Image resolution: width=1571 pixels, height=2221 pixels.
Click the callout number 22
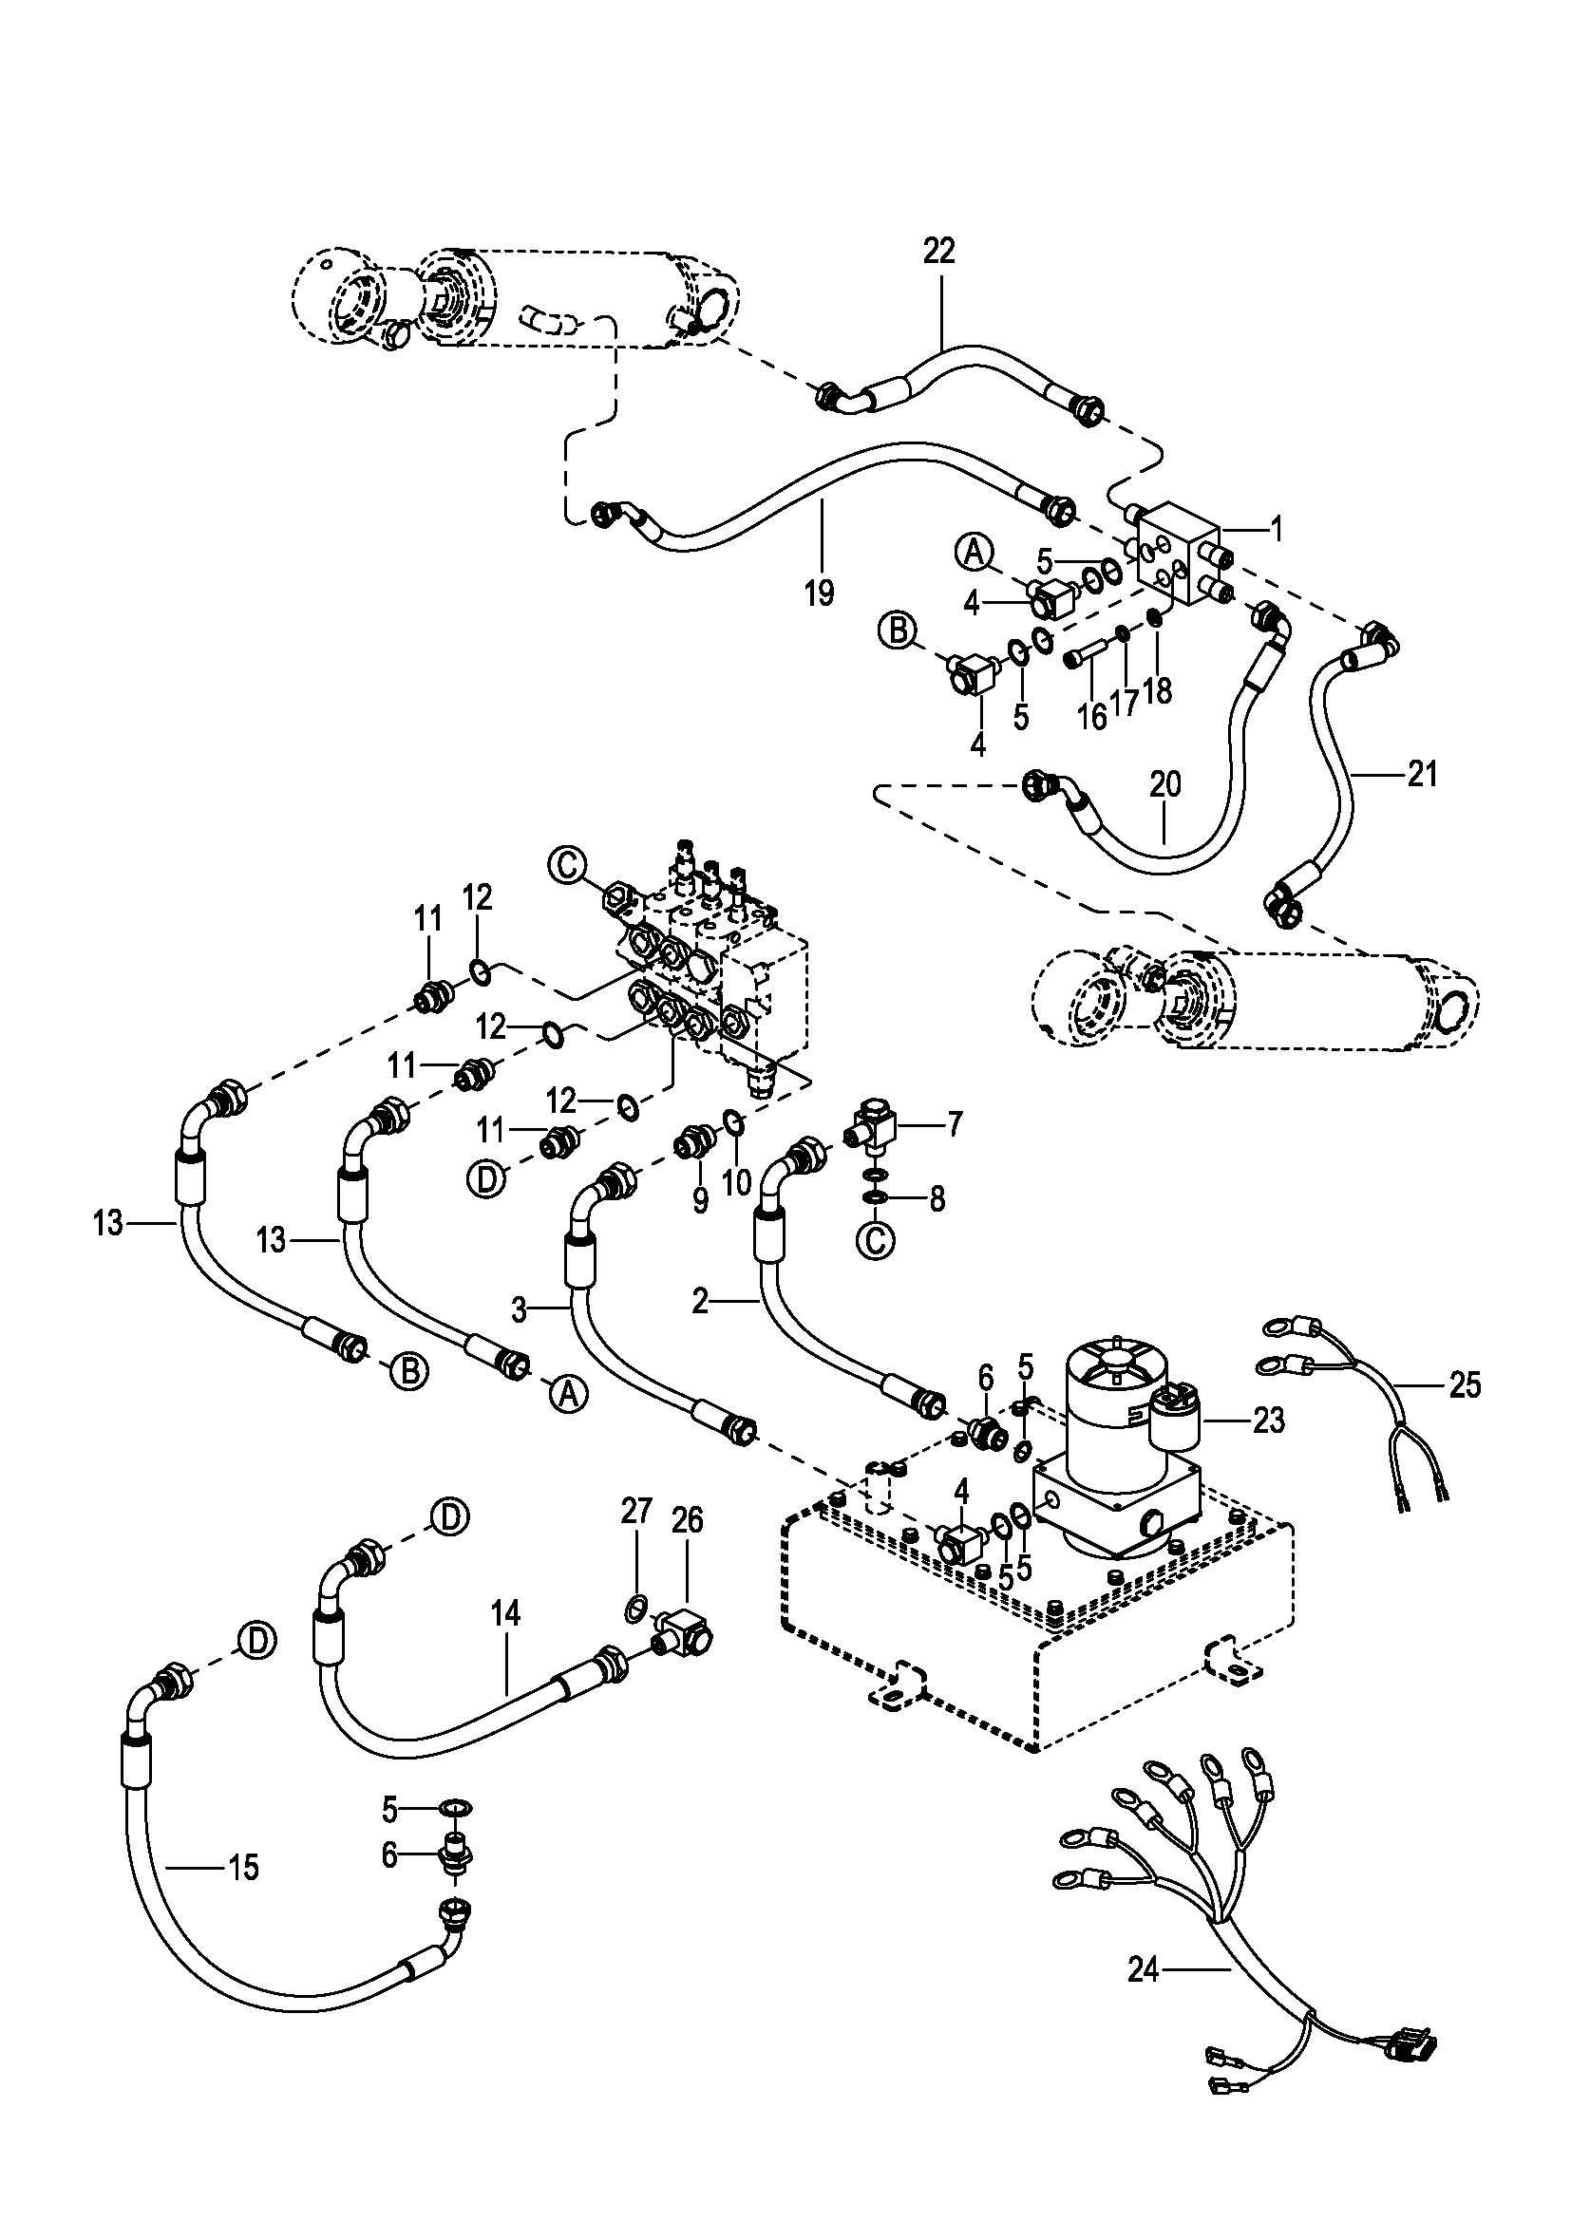pyautogui.click(x=938, y=252)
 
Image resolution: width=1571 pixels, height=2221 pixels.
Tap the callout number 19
pyautogui.click(x=819, y=592)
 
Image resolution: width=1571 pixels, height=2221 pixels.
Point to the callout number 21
pyautogui.click(x=1422, y=774)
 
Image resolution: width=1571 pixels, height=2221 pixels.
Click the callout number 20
pyautogui.click(x=1165, y=784)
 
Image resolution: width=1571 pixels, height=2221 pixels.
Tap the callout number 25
pyautogui.click(x=1466, y=1385)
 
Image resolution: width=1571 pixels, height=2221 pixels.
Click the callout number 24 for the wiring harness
pyautogui.click(x=1144, y=1969)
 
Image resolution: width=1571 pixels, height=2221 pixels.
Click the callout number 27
pyautogui.click(x=635, y=1511)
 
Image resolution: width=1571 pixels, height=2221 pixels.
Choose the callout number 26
pyautogui.click(x=688, y=1520)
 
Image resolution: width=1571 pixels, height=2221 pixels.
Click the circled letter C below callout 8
pyautogui.click(x=877, y=1241)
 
